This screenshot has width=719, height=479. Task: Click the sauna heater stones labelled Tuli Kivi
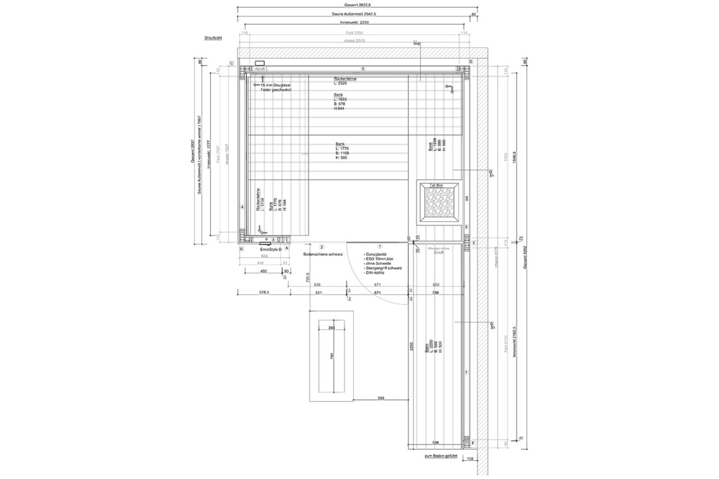(x=440, y=203)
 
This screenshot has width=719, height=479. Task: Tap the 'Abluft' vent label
(x=260, y=69)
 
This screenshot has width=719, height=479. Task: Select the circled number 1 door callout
(x=380, y=246)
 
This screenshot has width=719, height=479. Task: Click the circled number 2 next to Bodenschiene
(x=322, y=247)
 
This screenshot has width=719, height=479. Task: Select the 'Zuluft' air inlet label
(x=439, y=253)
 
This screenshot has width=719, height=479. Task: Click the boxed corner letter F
(x=473, y=443)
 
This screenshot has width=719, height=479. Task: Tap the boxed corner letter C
(x=231, y=63)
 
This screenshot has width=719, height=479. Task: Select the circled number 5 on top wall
(x=363, y=69)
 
